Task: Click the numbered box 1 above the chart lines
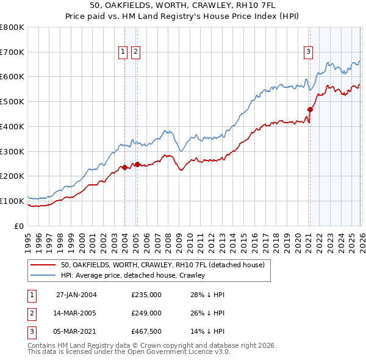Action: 123,52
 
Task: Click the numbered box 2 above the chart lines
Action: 135,52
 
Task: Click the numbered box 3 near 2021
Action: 309,52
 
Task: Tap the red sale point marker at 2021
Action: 310,110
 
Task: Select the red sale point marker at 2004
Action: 124,167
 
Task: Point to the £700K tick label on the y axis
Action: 12,52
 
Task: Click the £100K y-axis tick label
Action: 12,201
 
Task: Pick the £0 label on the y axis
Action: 18,226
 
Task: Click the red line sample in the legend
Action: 43,265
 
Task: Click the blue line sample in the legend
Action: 43,276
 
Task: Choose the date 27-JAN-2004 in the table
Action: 76,295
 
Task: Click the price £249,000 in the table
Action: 146,313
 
